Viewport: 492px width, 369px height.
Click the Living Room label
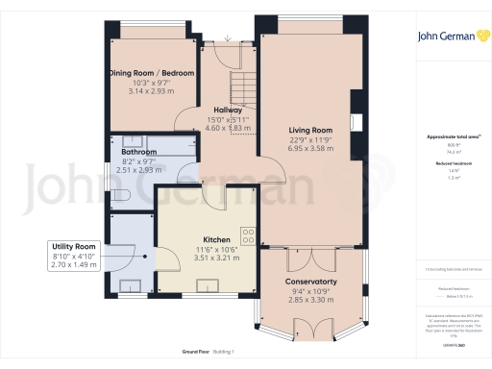click(x=310, y=130)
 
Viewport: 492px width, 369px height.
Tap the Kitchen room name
click(x=216, y=239)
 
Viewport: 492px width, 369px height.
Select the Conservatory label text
click(x=310, y=282)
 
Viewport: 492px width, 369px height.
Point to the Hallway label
click(x=228, y=110)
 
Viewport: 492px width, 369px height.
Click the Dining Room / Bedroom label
click(x=150, y=73)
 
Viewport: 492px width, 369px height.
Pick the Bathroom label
click(x=139, y=152)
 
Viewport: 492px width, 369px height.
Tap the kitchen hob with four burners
click(x=248, y=234)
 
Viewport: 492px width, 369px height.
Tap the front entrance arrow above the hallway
click(x=228, y=38)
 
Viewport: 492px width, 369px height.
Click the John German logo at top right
click(x=451, y=37)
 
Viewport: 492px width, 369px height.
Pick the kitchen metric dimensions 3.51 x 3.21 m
click(x=216, y=258)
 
